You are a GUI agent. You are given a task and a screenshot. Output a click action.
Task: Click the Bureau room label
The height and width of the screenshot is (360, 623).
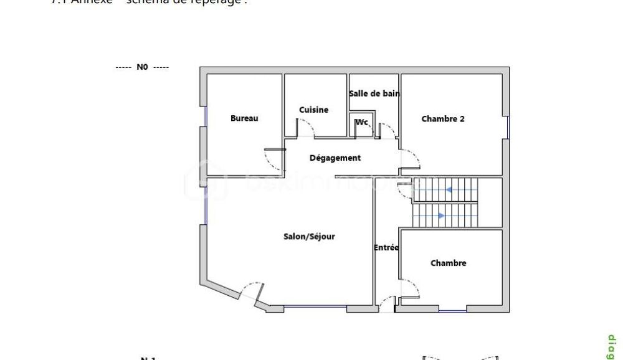(x=244, y=118)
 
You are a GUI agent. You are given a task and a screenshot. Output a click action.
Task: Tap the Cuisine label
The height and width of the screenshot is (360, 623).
(x=313, y=110)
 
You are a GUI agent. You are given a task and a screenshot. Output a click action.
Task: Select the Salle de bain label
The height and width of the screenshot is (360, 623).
(x=374, y=93)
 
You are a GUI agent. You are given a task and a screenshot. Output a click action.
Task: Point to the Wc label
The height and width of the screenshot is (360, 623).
(x=362, y=122)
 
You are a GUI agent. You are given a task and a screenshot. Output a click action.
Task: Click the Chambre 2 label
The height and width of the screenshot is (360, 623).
(x=443, y=118)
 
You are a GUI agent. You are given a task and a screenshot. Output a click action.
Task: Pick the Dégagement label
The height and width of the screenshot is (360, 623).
(x=335, y=158)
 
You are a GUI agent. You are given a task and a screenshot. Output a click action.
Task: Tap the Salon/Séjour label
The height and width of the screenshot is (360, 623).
(x=309, y=237)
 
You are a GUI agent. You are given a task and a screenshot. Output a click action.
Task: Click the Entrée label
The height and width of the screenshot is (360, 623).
(x=386, y=248)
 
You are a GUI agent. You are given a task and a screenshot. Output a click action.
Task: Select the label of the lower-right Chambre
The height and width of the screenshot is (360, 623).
(x=449, y=263)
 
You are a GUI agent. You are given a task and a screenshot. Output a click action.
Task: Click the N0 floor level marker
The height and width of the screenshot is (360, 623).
(x=142, y=67)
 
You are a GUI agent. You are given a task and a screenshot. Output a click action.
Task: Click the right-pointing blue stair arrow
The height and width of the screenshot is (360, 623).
(x=442, y=216)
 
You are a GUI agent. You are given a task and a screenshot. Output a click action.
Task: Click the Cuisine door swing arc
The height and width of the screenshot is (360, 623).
(x=306, y=128)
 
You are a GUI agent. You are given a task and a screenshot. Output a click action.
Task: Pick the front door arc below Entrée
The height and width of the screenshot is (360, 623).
(x=387, y=302)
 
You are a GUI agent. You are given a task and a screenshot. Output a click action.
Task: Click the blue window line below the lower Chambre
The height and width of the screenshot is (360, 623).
(x=452, y=310)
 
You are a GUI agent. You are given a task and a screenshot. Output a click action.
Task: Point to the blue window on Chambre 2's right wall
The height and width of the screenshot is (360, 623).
(x=508, y=128)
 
